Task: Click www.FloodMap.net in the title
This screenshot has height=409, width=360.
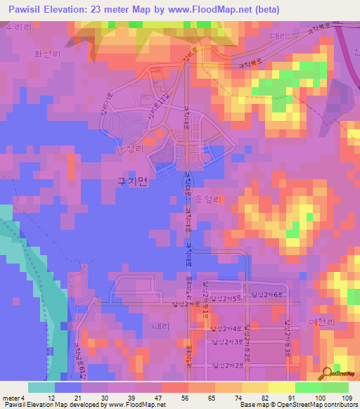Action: tap(217, 10)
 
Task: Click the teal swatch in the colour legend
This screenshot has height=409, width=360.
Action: tap(41, 387)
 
